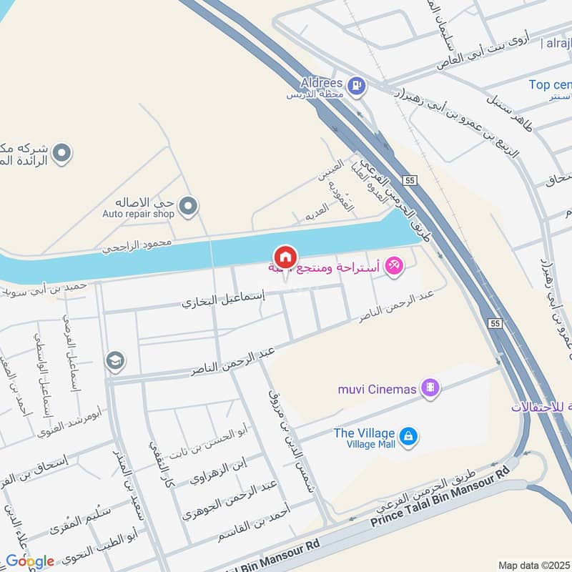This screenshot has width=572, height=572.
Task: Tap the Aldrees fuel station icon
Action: [x=356, y=87]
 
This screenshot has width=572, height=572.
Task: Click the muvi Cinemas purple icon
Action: [x=430, y=388]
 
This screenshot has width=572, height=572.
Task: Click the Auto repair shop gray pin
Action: [x=188, y=207]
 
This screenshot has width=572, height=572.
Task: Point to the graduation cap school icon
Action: [x=114, y=362]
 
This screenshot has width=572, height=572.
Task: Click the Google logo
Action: [x=29, y=561]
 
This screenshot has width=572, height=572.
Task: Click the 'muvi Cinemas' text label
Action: [x=377, y=389]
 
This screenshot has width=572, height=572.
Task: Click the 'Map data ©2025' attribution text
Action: [x=533, y=565]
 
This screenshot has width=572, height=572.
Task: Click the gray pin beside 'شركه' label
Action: [x=63, y=152]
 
